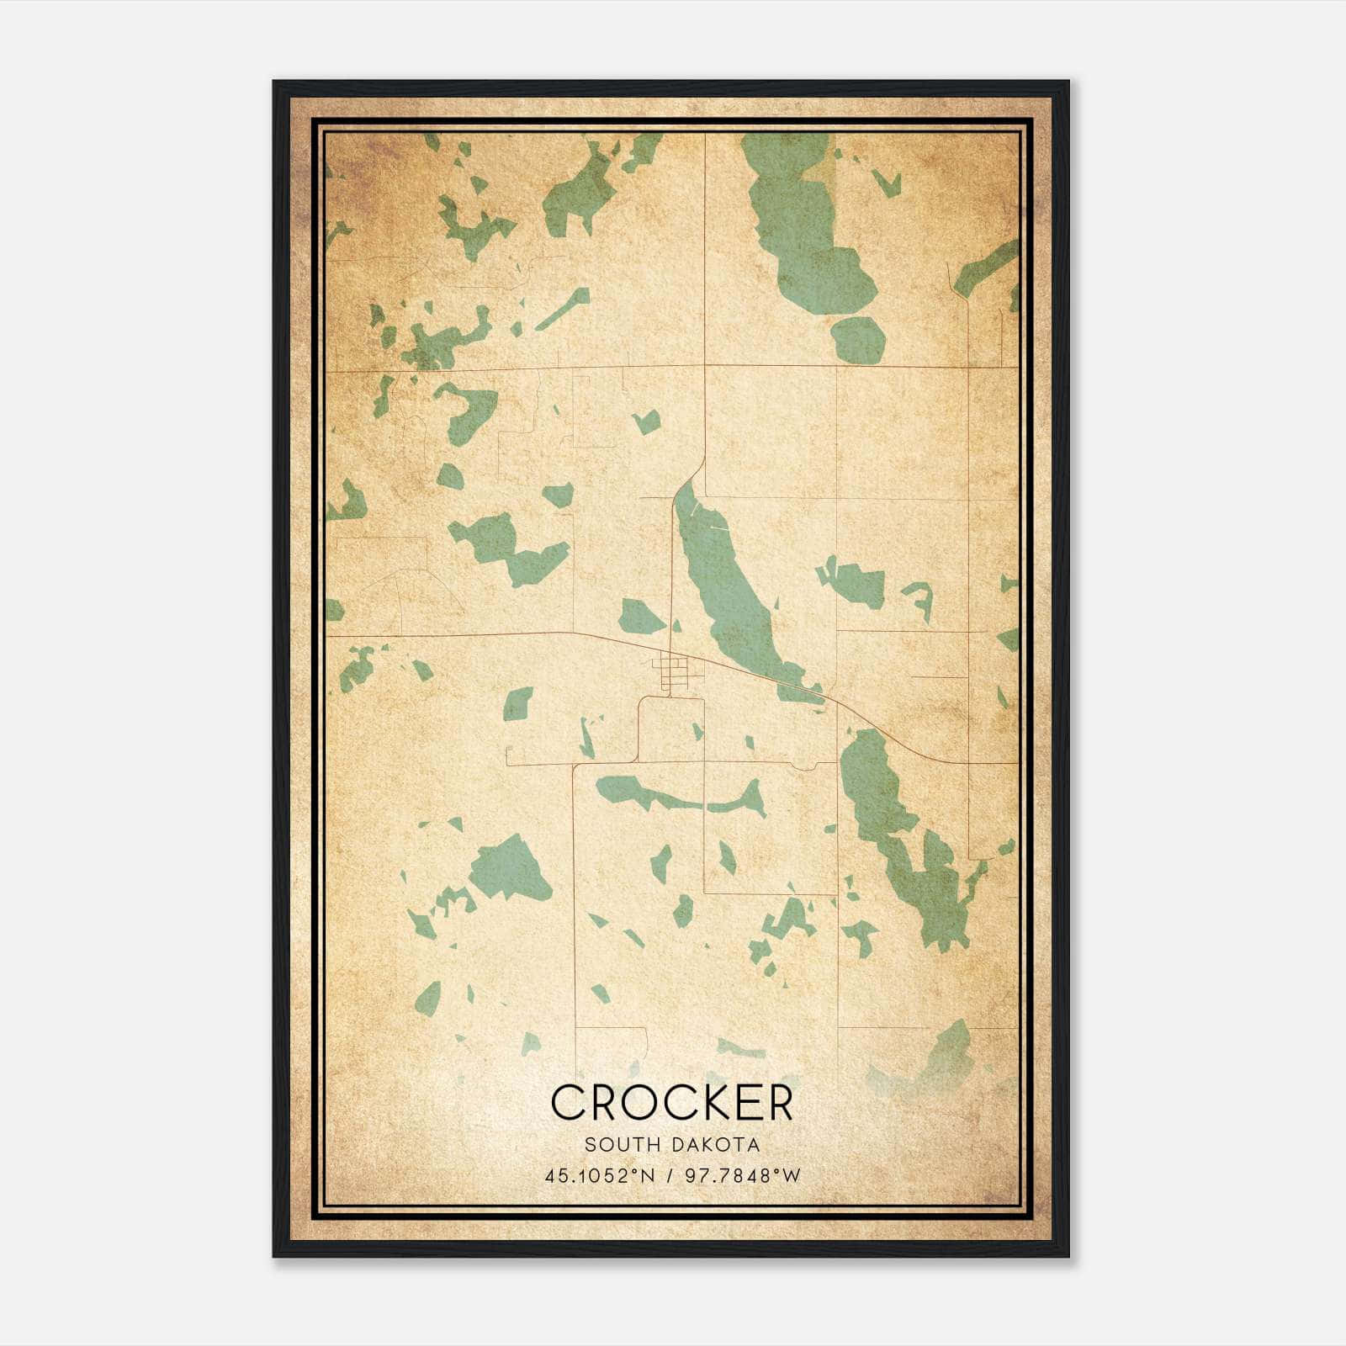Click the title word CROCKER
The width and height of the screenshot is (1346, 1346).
coord(672,1102)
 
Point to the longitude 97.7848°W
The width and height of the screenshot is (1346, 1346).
coord(743,1175)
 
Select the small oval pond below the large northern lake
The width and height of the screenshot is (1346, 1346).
coord(858,339)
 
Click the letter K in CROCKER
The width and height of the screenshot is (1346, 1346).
coord(709,1102)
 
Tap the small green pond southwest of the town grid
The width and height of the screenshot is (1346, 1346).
coord(517,703)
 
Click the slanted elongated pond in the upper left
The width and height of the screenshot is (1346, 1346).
coord(562,310)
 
